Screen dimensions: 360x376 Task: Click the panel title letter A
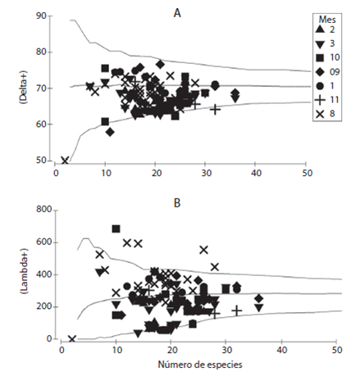click(x=177, y=13)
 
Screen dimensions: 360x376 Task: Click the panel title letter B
click(x=177, y=203)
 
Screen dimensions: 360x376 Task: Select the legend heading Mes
click(x=327, y=20)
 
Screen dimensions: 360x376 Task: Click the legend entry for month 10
click(x=327, y=57)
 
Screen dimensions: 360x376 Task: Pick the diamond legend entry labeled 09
click(x=327, y=71)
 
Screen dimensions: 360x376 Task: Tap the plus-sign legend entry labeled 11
click(x=327, y=100)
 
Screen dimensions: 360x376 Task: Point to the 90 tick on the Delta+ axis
click(x=41, y=16)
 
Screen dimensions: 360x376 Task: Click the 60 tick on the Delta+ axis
click(x=41, y=124)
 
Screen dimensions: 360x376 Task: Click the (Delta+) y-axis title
click(x=22, y=87)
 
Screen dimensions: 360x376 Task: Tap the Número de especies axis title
click(x=200, y=365)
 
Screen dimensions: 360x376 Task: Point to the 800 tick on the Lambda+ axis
click(x=43, y=210)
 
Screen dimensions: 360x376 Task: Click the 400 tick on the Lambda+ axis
click(x=43, y=274)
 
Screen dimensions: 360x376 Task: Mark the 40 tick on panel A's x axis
click(x=256, y=173)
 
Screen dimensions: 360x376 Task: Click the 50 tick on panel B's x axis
click(x=336, y=350)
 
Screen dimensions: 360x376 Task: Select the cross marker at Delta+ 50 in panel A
click(x=65, y=161)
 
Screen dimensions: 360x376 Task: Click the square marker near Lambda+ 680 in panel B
click(x=116, y=229)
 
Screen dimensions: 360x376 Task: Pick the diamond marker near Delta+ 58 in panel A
click(x=110, y=133)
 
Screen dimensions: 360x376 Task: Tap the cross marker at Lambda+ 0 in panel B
click(x=72, y=339)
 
